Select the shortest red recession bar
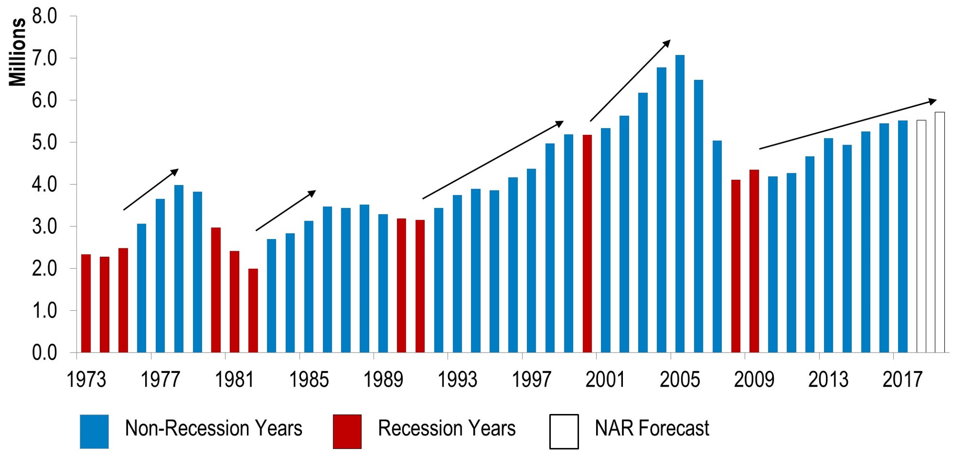click(253, 311)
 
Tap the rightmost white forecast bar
click(940, 232)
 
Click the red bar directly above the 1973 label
click(86, 303)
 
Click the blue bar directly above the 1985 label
click(309, 287)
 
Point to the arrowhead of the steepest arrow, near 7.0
click(667, 43)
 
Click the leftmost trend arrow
click(151, 189)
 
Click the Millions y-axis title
click(18, 52)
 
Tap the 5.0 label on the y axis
click(45, 143)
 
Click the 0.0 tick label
click(45, 353)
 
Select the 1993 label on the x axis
click(457, 379)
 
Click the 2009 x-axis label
click(754, 379)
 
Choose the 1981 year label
click(234, 379)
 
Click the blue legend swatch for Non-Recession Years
click(94, 431)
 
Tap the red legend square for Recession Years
click(347, 431)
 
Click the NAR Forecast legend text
click(652, 429)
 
